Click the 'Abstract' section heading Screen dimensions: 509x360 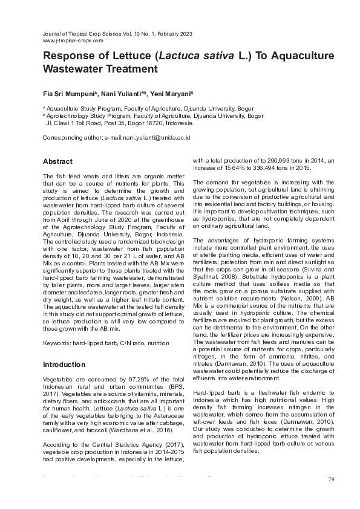coord(57,161)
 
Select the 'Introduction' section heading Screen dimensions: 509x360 coord(64,365)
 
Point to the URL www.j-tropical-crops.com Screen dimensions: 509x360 coord(73,41)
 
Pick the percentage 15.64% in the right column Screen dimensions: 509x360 coord(234,167)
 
